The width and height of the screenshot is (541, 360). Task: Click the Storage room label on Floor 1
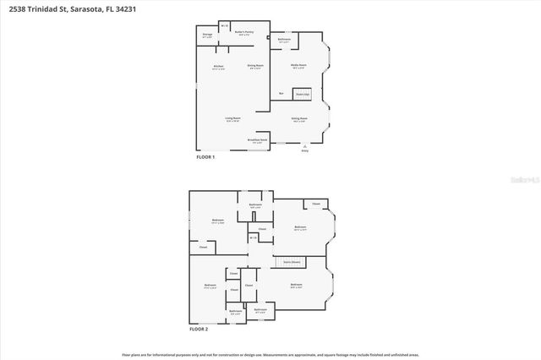(x=207, y=35)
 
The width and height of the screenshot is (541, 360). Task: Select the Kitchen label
(x=218, y=66)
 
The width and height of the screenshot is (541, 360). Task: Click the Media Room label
(x=298, y=65)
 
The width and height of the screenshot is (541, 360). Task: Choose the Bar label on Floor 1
(x=280, y=93)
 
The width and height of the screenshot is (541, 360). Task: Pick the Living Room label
(x=233, y=119)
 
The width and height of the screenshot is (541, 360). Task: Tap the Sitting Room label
(x=298, y=119)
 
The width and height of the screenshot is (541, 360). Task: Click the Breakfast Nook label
(x=258, y=140)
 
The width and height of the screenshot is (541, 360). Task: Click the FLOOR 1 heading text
(x=205, y=157)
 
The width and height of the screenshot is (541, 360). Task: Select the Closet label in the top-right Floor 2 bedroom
(x=316, y=204)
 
